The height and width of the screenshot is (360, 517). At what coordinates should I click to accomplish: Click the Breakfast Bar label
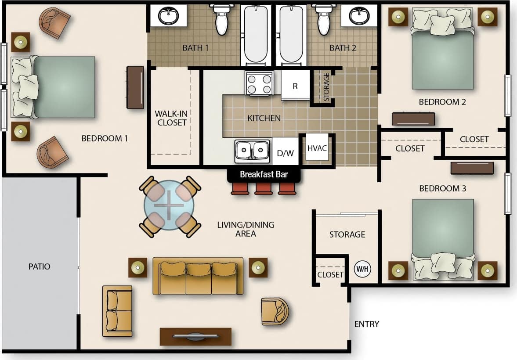click(264, 174)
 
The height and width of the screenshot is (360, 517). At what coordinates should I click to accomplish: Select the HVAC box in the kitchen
click(317, 148)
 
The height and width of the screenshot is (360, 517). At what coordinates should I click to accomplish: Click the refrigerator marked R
click(295, 86)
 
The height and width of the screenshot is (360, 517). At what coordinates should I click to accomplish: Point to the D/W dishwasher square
click(285, 153)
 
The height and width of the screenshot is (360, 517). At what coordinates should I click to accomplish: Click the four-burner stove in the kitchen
click(259, 83)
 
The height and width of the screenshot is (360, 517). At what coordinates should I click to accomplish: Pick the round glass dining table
click(169, 205)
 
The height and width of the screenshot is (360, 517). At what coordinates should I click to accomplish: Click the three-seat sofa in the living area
click(198, 277)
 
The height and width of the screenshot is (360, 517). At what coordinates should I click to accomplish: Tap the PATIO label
click(40, 266)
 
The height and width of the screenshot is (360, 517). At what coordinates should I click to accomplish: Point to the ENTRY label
click(366, 324)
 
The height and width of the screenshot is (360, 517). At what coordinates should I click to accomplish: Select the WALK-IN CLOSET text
click(172, 118)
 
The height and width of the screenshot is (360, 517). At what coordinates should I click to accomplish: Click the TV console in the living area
click(195, 336)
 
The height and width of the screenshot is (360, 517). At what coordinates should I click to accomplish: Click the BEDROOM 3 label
click(442, 188)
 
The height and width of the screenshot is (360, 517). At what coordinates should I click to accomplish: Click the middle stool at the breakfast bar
click(264, 189)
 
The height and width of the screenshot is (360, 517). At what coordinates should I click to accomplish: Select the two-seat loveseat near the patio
click(117, 311)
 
